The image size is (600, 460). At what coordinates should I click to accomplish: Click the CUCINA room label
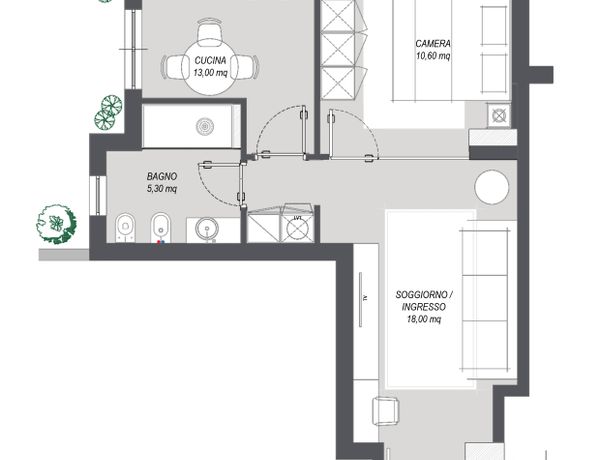[210, 60]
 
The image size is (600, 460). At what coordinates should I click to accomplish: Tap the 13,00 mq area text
[210, 72]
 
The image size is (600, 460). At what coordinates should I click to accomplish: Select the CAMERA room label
[433, 44]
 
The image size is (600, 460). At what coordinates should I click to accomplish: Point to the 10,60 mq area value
[433, 56]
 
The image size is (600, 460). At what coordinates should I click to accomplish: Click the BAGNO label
[162, 176]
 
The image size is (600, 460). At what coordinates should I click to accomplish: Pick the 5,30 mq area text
[162, 189]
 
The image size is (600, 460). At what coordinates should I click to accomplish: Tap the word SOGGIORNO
[421, 295]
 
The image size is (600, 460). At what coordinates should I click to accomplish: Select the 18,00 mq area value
[424, 319]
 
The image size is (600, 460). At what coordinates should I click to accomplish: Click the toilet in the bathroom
[125, 228]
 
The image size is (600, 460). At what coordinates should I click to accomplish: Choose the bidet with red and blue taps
[161, 228]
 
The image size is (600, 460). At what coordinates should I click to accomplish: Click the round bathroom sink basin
[207, 229]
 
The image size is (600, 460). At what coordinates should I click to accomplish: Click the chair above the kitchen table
[210, 30]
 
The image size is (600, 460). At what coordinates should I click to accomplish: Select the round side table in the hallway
[492, 187]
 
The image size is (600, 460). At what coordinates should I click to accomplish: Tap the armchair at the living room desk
[385, 411]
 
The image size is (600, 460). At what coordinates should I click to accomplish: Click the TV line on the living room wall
[360, 299]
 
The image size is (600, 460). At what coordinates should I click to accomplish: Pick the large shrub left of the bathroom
[56, 224]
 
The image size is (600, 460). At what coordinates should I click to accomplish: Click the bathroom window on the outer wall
[98, 196]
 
